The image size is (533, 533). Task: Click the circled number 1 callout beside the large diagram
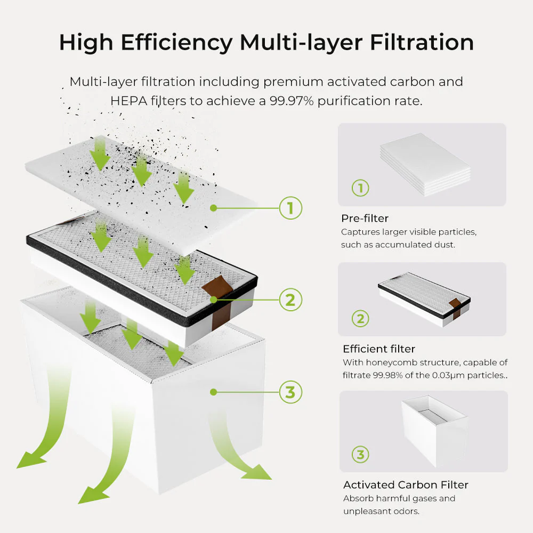coord(290,208)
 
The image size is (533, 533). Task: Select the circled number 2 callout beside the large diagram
coord(290,300)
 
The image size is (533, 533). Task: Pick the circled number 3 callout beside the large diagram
coord(290,392)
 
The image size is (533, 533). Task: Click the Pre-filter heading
coord(365,219)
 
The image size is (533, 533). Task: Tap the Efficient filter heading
coord(378,349)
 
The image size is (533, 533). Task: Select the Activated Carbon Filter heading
coord(406,485)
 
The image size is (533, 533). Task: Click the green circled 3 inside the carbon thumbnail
coord(360,455)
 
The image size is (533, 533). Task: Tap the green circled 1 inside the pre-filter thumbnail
coord(360,188)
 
